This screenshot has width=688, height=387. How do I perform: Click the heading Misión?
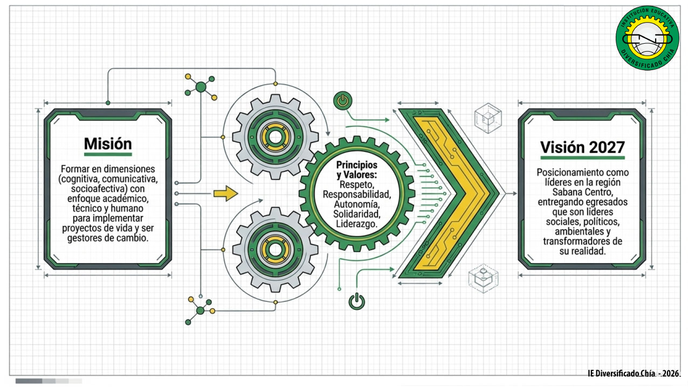point(108,144)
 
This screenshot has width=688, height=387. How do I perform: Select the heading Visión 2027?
point(582,148)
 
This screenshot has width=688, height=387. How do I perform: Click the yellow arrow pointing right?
point(226,193)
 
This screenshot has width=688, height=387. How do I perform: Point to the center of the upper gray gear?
point(275,137)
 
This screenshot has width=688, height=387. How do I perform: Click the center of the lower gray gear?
point(275,250)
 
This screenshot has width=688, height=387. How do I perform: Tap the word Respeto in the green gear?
point(356,184)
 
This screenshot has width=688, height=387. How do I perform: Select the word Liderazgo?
point(356,224)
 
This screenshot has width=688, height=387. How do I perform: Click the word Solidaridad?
point(356,214)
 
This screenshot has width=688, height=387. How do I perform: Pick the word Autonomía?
point(356,204)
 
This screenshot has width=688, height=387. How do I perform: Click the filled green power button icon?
point(343,101)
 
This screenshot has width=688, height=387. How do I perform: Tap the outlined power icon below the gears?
point(356,301)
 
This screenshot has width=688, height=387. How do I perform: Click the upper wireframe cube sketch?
point(488,118)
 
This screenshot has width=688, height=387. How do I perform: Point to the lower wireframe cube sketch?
point(484,279)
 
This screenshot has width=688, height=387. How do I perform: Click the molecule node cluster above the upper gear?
point(201,87)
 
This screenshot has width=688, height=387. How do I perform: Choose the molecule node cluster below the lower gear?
point(200,310)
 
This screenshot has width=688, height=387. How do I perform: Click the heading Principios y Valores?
point(356,170)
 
